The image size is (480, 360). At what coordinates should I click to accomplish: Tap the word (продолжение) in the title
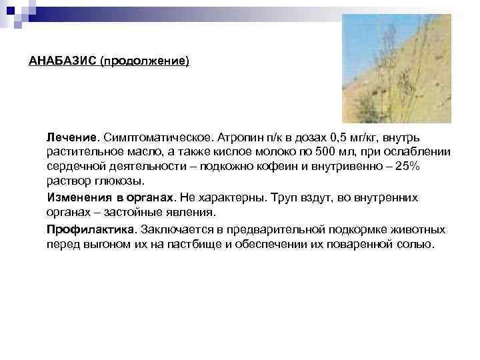pos(144,61)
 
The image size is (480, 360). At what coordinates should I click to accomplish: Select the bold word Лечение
pos(72,137)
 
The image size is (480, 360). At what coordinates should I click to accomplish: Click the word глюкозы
pos(121,181)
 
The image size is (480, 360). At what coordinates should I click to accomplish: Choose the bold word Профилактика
pos(90,229)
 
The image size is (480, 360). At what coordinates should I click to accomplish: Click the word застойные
pos(141,213)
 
